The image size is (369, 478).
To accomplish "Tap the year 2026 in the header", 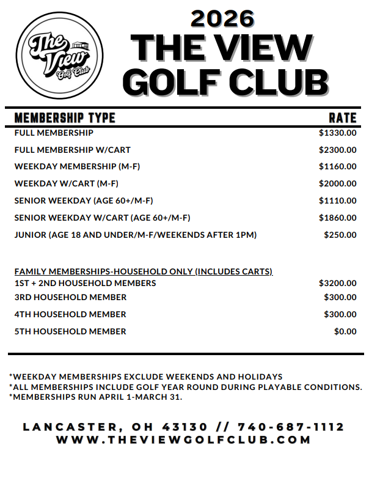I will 222,19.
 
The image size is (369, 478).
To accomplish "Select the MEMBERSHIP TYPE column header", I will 64,118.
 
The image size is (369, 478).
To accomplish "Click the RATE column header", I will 342,118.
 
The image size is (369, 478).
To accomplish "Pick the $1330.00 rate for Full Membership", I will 337,133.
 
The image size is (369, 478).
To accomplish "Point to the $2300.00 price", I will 337,150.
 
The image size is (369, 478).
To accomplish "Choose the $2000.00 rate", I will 337,183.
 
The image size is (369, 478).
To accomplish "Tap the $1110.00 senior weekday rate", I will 337,200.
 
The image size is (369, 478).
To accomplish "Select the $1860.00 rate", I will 337,218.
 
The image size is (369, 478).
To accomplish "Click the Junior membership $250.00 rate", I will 340,235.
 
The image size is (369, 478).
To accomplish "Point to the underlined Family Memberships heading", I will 143,271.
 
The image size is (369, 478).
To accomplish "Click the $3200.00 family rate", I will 337,283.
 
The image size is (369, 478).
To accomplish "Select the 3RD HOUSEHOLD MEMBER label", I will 70,298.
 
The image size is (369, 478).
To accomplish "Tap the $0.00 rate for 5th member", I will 345,332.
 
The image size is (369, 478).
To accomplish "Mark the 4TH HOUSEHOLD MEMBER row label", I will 70,315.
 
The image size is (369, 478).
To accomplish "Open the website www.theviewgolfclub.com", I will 184,439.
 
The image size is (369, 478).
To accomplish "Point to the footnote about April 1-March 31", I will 95,397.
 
